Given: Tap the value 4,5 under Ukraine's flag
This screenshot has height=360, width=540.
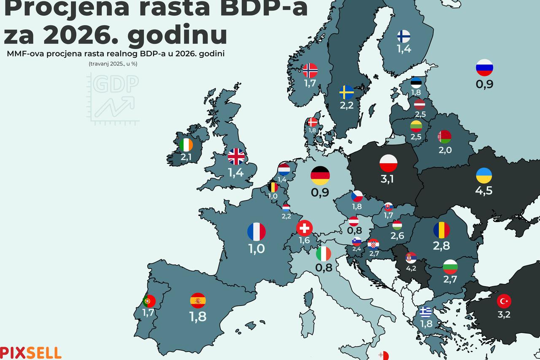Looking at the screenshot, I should pyautogui.click(x=483, y=190).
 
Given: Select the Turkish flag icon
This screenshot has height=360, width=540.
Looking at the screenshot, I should pyautogui.click(x=504, y=301).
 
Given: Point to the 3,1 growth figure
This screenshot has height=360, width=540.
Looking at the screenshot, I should pyautogui.click(x=387, y=179).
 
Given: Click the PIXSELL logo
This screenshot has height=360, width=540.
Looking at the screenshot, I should pyautogui.click(x=30, y=352).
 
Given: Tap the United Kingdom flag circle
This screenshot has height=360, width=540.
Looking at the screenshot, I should pyautogui.click(x=236, y=157).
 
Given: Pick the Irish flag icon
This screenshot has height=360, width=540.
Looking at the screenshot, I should pyautogui.click(x=186, y=145).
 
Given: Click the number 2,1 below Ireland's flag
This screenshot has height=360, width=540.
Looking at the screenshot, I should pyautogui.click(x=186, y=157).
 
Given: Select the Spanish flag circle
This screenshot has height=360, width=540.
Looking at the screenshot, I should pyautogui.click(x=198, y=300).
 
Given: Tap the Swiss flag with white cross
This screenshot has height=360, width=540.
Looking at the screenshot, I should pyautogui.click(x=305, y=228).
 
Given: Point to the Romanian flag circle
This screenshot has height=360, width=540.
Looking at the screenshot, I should pyautogui.click(x=441, y=230).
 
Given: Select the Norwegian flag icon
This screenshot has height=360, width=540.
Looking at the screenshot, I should pyautogui.click(x=310, y=70).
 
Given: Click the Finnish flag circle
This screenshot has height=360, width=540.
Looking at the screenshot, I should pyautogui.click(x=404, y=37).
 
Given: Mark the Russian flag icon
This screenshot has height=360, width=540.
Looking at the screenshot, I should pyautogui.click(x=484, y=68).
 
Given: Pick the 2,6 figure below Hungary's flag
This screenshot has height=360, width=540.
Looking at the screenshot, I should pyautogui.click(x=397, y=236).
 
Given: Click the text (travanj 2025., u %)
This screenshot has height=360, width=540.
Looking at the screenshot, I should pyautogui.click(x=113, y=64).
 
